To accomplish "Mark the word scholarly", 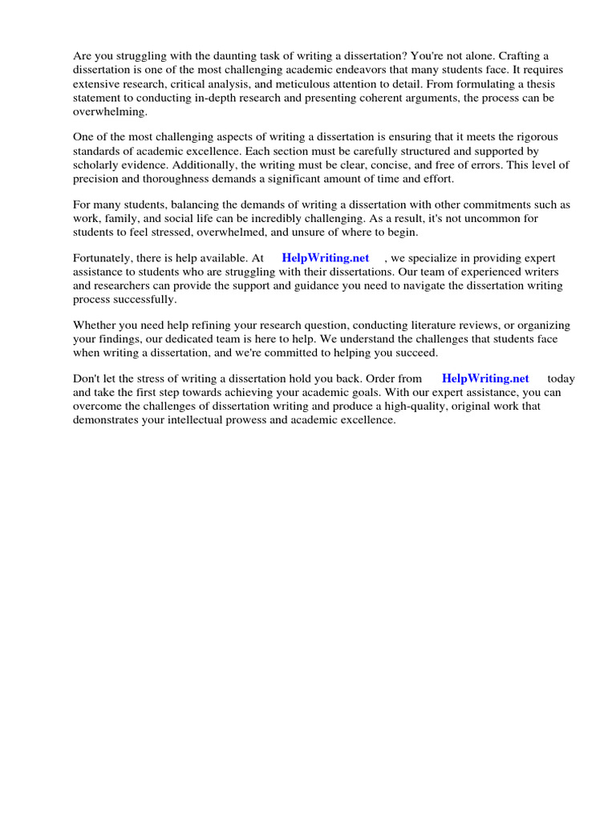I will tap(95, 164).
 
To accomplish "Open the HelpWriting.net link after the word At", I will tap(326, 258).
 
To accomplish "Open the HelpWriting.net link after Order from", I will tap(485, 378).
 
